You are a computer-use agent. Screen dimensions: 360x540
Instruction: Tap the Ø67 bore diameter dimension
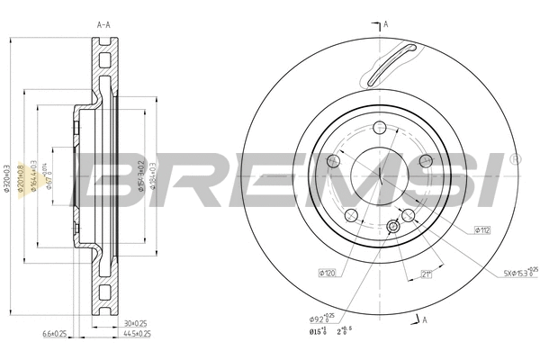point(51,175)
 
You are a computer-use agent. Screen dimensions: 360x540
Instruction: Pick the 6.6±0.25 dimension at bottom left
point(56,334)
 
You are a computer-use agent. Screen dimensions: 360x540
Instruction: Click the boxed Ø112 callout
point(482,230)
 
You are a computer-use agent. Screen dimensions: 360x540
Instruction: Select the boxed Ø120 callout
point(326,271)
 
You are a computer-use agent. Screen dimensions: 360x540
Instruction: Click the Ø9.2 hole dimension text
point(321,317)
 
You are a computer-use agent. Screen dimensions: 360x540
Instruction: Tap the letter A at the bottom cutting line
point(423,321)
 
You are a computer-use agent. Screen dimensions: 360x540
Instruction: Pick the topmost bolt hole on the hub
point(380,126)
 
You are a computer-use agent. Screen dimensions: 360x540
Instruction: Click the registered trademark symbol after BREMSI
point(514,158)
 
